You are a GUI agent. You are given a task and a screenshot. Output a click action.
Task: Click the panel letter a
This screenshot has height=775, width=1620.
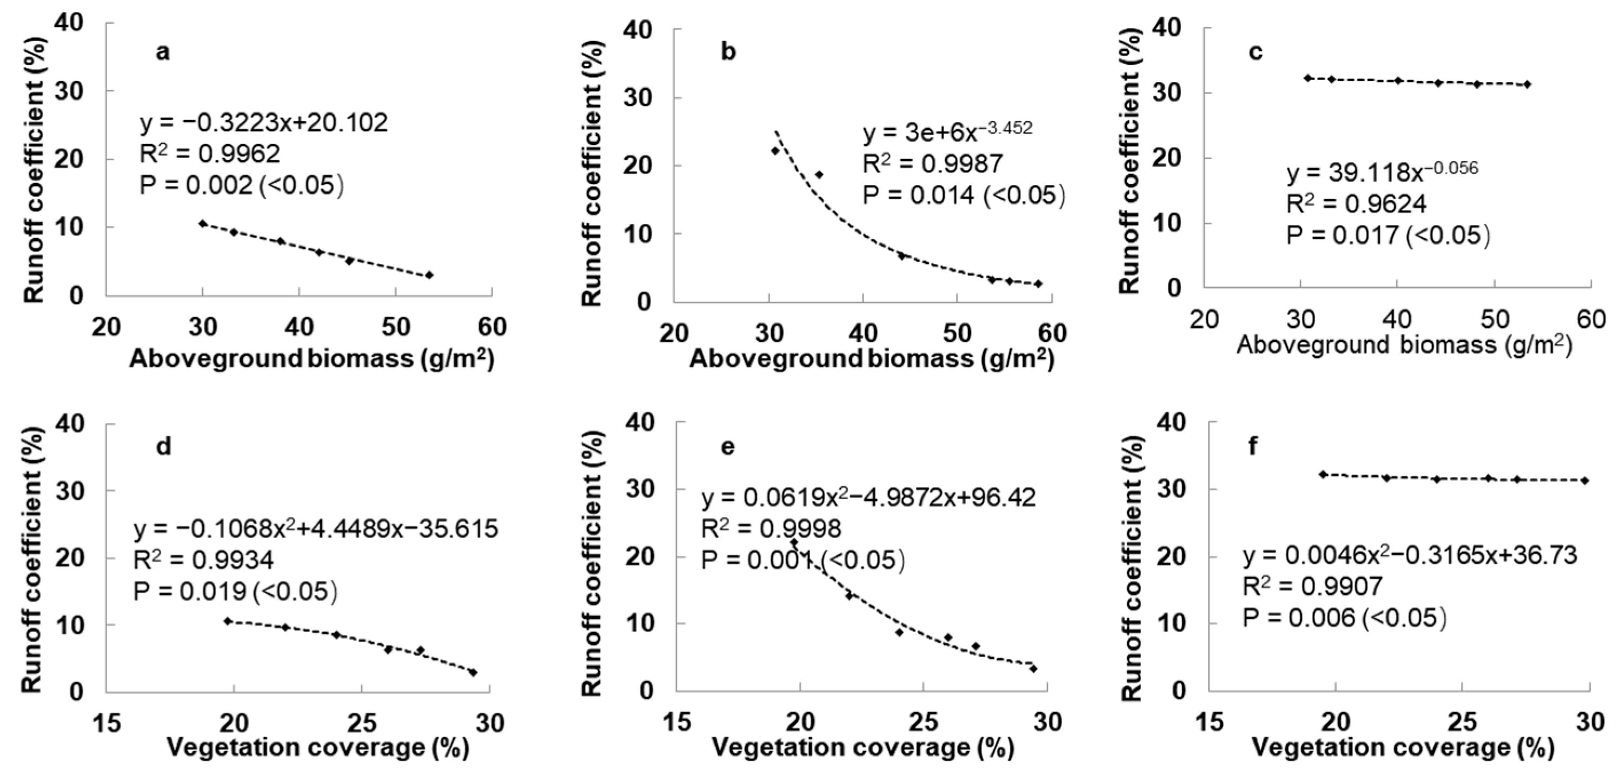pyautogui.click(x=163, y=52)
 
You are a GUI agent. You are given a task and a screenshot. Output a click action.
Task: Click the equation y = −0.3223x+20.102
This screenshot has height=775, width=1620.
pyautogui.click(x=263, y=123)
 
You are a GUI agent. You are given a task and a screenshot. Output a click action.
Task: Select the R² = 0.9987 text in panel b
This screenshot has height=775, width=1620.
pyautogui.click(x=932, y=163)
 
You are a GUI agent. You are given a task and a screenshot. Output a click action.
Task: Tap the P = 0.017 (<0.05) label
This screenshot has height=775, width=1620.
pyautogui.click(x=1389, y=235)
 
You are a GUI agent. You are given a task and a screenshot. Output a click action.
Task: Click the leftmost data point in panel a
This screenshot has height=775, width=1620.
pyautogui.click(x=202, y=223)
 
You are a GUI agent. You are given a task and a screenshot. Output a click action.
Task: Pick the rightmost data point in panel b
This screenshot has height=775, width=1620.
pyautogui.click(x=1038, y=284)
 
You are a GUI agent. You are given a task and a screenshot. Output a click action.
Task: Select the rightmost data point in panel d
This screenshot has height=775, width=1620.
pyautogui.click(x=472, y=672)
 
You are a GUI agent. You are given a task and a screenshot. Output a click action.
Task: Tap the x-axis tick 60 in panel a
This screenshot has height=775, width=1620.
pyautogui.click(x=492, y=327)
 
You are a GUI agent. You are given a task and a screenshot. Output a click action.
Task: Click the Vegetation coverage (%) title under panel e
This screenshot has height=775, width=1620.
pyautogui.click(x=863, y=748)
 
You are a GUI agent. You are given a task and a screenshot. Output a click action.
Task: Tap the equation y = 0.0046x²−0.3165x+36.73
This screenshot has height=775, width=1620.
pyautogui.click(x=1409, y=555)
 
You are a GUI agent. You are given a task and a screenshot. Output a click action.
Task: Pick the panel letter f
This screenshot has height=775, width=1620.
pyautogui.click(x=1253, y=447)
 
